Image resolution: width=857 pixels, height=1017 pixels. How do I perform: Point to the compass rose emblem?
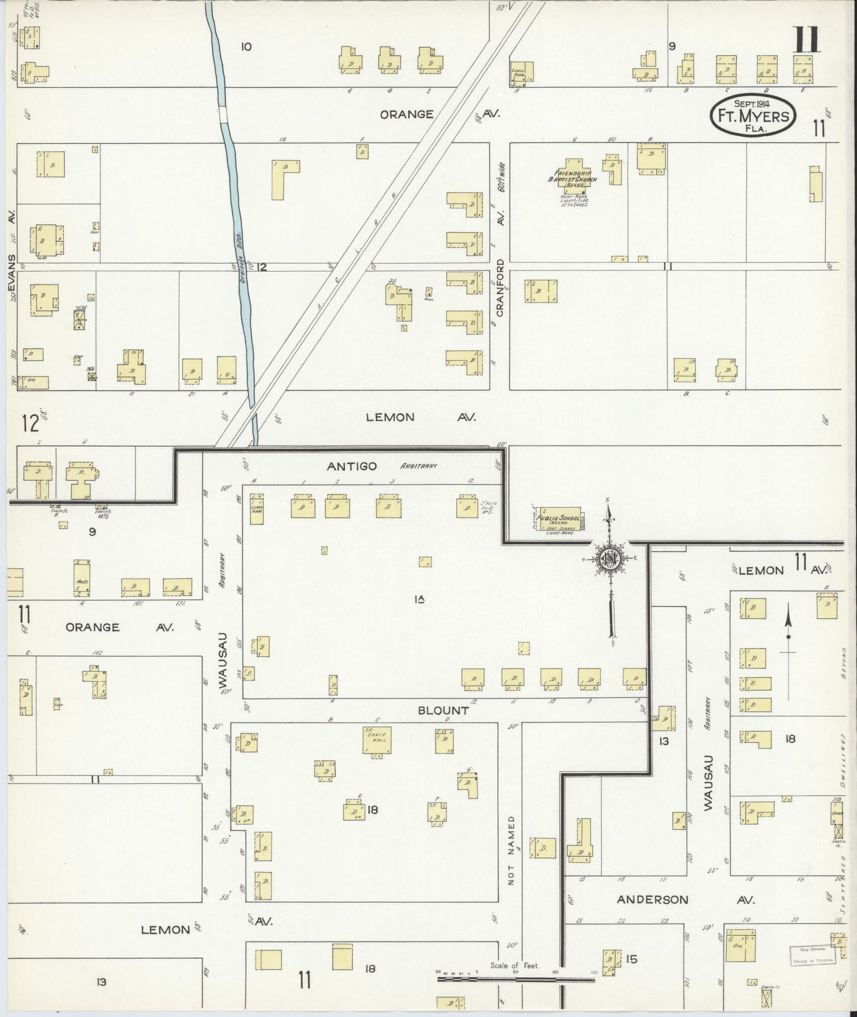(x=610, y=559)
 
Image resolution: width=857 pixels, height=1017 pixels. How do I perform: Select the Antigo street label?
(x=352, y=466)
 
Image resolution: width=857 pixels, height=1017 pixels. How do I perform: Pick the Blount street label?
(x=444, y=710)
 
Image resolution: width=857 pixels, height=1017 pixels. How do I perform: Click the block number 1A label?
(x=420, y=599)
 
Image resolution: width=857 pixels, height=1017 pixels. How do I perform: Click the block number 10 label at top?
(x=246, y=46)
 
